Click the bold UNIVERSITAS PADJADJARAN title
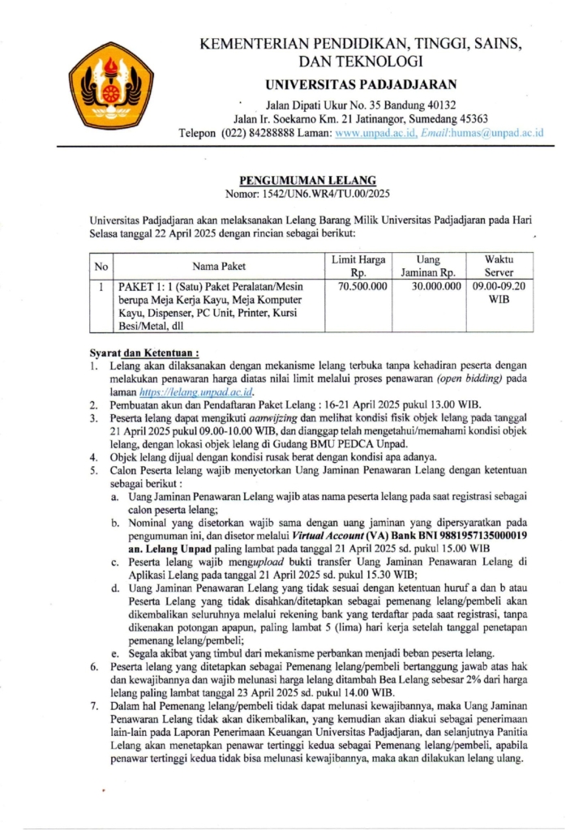(361, 84)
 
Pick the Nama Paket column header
(219, 266)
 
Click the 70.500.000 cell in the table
(362, 286)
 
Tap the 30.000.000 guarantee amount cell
(431, 286)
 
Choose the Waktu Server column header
(499, 266)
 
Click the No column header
(101, 266)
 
